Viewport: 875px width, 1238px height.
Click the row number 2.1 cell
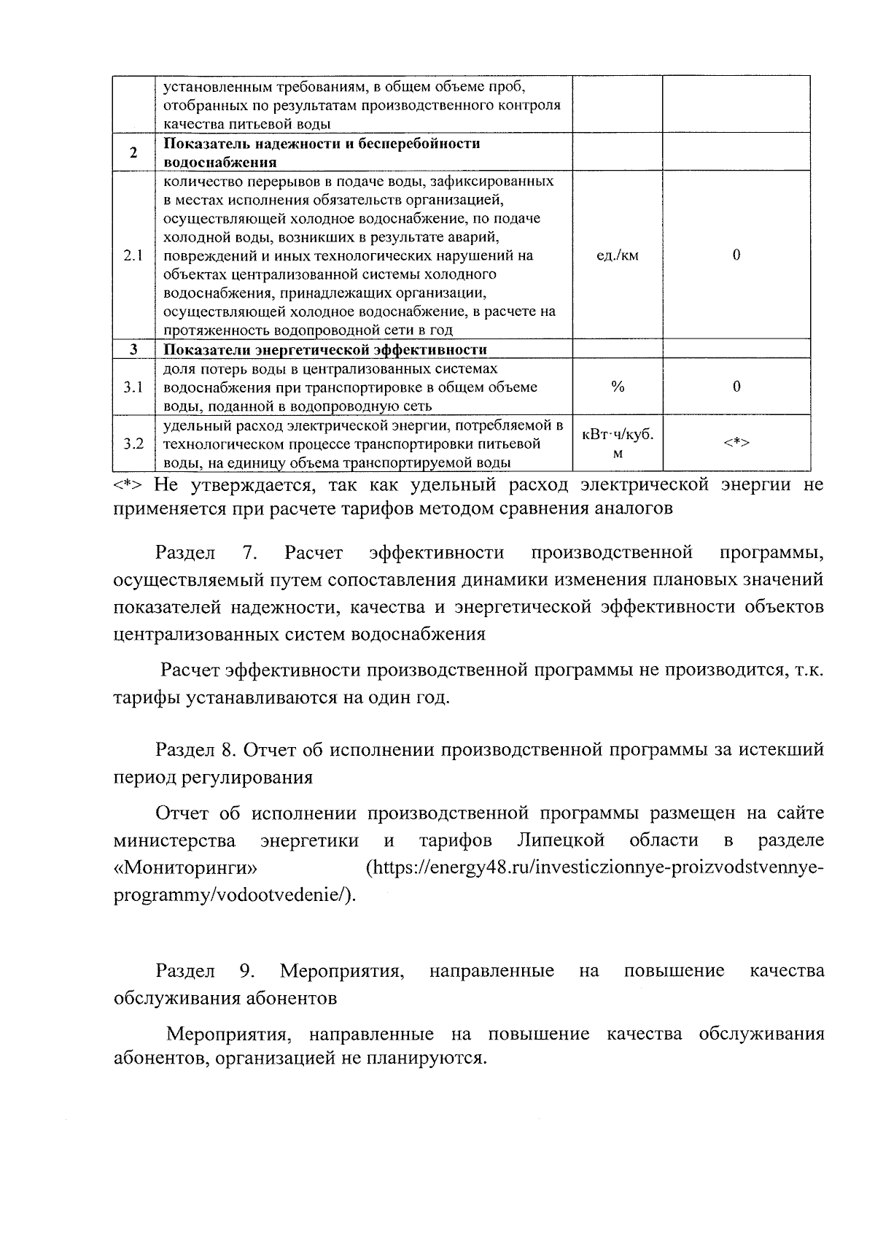(133, 255)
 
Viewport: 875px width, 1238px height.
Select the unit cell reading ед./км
(617, 255)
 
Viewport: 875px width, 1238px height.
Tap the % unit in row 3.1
(617, 387)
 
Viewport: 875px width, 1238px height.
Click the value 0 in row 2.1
(736, 255)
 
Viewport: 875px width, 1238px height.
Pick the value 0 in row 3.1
(736, 387)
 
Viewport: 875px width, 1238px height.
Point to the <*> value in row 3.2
(736, 443)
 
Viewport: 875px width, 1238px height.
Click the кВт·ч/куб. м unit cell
(617, 443)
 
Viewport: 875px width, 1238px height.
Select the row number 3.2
(133, 443)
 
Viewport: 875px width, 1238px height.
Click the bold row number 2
(133, 153)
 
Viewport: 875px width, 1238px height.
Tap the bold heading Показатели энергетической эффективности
(324, 349)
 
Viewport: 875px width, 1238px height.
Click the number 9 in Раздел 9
(246, 971)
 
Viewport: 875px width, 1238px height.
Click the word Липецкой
(560, 840)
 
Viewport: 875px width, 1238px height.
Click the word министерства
(174, 841)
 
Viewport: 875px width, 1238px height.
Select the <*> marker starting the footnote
(130, 485)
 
